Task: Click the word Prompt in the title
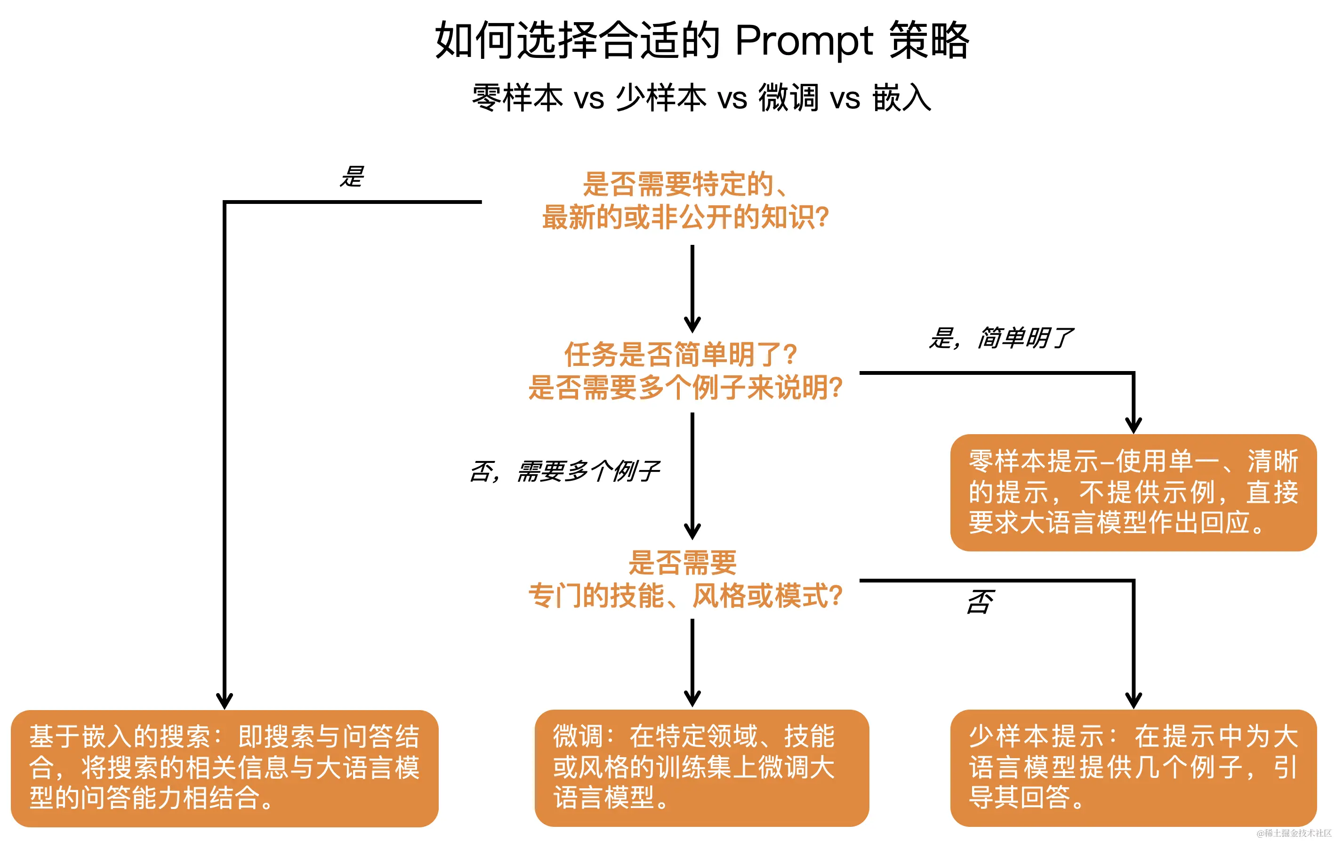804,41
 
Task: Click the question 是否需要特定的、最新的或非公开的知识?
685,200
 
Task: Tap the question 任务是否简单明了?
681,355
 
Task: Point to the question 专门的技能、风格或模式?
685,596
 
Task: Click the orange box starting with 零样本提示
1133,492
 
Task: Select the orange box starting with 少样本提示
1133,767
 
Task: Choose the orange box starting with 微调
701,767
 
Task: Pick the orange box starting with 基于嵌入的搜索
225,767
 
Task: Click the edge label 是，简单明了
1001,338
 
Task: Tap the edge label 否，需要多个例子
564,471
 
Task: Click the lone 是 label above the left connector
352,177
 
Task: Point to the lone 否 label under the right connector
980,602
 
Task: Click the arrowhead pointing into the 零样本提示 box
1133,425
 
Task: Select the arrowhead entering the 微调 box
692,698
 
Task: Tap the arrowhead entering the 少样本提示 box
1133,700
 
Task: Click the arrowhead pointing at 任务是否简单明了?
692,324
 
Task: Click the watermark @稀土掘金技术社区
1294,833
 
